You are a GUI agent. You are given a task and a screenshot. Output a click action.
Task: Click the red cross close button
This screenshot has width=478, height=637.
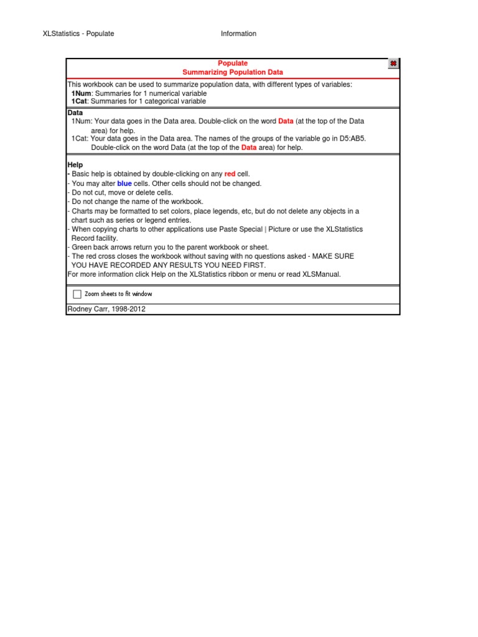pyautogui.click(x=393, y=63)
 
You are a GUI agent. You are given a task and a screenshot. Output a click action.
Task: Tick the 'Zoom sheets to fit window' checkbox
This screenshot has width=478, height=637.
pyautogui.click(x=77, y=294)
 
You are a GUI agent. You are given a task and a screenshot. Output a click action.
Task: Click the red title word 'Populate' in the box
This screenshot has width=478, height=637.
pyautogui.click(x=233, y=63)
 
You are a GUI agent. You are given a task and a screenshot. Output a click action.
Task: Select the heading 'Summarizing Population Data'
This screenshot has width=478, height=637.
pyautogui.click(x=233, y=73)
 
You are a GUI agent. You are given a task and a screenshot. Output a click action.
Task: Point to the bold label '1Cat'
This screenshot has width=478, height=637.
pyautogui.click(x=80, y=101)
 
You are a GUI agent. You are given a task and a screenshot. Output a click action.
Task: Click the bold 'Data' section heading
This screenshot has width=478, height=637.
pyautogui.click(x=75, y=113)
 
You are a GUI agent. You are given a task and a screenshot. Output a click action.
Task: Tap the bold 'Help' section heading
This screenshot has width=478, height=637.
pyautogui.click(x=75, y=165)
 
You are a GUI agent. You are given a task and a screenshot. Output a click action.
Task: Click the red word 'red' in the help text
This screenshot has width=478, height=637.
pyautogui.click(x=230, y=174)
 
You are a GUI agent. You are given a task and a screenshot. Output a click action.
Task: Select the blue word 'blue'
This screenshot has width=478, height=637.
pyautogui.click(x=124, y=184)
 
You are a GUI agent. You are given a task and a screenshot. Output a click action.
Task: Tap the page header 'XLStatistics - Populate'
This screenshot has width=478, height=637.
pyautogui.click(x=78, y=34)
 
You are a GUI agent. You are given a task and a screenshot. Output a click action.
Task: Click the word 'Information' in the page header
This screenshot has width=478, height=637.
pyautogui.click(x=238, y=34)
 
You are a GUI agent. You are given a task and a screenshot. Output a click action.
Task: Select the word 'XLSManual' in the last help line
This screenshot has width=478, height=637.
pyautogui.click(x=321, y=274)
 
